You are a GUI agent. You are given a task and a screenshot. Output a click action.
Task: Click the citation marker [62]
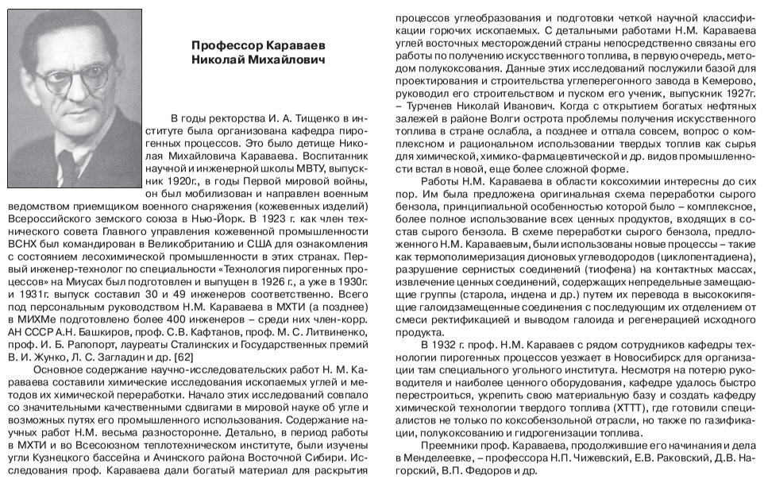coord(183,357)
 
